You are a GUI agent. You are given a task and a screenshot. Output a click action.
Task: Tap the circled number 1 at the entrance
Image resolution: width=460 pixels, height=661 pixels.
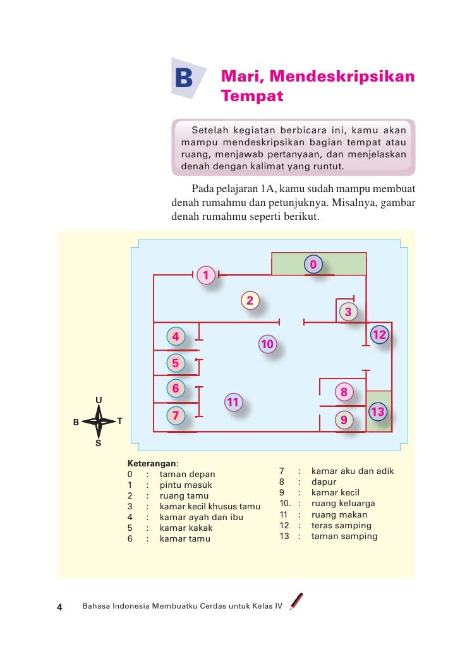tap(205, 275)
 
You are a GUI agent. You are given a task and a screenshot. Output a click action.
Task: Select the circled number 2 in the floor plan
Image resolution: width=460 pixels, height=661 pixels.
tap(250, 301)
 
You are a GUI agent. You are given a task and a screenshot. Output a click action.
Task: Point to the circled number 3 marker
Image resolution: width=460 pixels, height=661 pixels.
tap(348, 312)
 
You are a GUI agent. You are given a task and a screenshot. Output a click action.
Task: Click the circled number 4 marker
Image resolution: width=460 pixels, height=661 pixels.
tap(175, 337)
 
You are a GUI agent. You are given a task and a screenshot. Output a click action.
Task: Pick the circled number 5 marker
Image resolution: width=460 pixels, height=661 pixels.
tap(175, 363)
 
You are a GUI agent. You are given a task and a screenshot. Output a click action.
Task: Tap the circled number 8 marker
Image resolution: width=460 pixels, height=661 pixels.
tap(344, 392)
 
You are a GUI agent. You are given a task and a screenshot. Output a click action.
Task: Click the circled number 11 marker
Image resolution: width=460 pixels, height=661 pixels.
tap(233, 403)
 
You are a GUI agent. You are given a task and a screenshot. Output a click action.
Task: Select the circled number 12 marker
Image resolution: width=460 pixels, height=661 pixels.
tap(379, 334)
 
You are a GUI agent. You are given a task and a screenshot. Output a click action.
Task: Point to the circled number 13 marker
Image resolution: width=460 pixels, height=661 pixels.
tap(378, 412)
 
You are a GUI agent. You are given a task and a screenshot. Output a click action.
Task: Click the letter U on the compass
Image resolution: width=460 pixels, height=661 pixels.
tap(99, 399)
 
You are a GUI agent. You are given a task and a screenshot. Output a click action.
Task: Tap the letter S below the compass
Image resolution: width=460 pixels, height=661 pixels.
tap(98, 443)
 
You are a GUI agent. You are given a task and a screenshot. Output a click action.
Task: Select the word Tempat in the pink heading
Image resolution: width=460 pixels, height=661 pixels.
tap(252, 97)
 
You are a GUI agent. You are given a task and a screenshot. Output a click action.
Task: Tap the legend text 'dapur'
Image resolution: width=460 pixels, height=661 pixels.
tap(324, 482)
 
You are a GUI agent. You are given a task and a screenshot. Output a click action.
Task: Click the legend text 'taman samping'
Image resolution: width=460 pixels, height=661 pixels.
tap(344, 537)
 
